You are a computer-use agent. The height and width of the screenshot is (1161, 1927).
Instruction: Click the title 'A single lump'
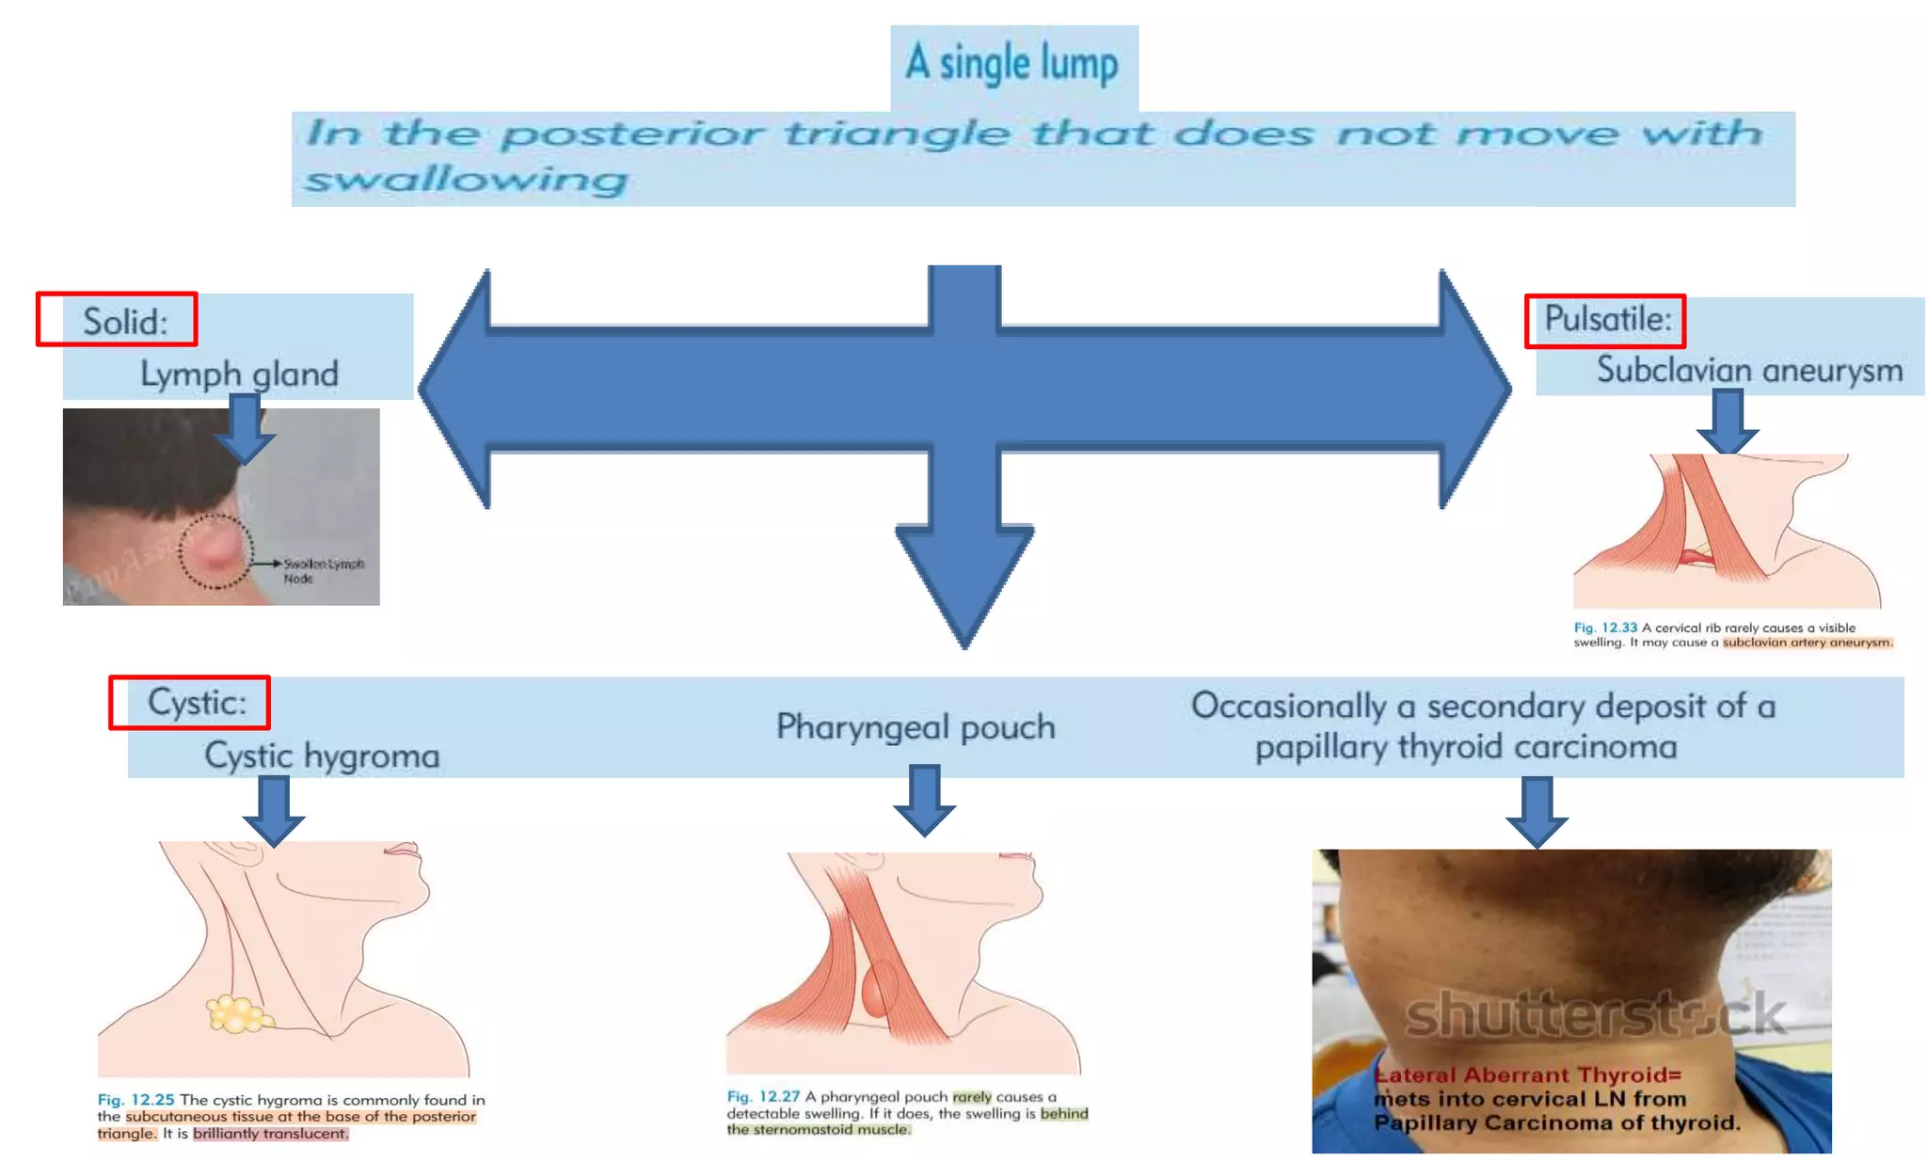[1012, 64]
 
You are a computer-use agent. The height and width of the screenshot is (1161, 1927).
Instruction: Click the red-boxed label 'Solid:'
[124, 321]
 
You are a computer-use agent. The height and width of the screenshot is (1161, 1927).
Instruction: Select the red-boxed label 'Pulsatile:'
[1607, 319]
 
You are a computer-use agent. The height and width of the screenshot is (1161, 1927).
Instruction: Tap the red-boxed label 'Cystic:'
[196, 702]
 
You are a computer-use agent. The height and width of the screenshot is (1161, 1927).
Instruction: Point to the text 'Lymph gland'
[239, 374]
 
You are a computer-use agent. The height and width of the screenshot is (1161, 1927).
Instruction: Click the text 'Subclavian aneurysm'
[1748, 370]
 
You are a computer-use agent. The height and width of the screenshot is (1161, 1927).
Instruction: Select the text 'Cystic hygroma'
[322, 755]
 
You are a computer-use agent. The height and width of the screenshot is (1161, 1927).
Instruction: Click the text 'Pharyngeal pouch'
[916, 726]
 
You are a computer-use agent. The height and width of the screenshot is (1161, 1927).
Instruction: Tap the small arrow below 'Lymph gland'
[245, 429]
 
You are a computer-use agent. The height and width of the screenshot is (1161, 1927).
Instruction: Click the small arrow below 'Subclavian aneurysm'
[1728, 422]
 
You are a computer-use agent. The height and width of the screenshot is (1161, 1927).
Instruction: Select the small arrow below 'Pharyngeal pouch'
[925, 801]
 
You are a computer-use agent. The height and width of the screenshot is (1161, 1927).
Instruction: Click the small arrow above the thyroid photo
[1537, 811]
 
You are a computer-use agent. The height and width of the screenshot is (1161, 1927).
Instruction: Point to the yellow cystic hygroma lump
[238, 1014]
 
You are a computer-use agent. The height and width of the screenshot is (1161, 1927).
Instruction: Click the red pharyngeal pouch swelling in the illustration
[881, 991]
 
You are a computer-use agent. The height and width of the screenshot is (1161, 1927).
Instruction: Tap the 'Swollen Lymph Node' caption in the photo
[323, 571]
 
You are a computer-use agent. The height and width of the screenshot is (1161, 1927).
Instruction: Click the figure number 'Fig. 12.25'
[135, 1100]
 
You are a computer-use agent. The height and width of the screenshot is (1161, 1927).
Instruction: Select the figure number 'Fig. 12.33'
[1605, 628]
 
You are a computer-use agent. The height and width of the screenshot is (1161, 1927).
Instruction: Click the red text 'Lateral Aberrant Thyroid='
[1527, 1075]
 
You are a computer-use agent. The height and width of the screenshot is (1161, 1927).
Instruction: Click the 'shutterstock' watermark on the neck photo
[1595, 1014]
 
